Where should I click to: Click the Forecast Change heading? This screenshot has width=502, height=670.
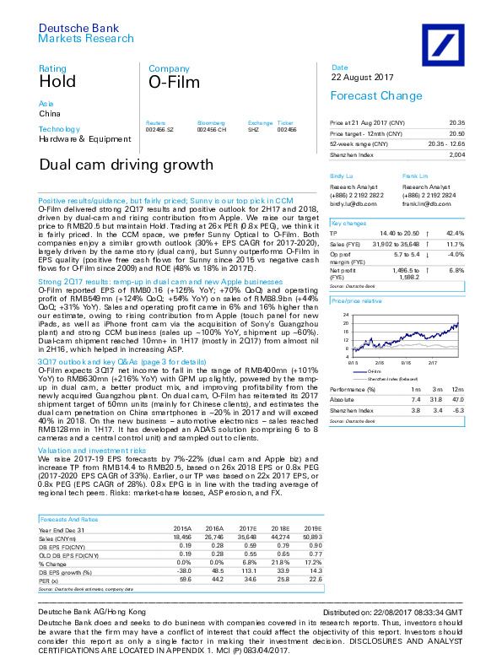point(364,96)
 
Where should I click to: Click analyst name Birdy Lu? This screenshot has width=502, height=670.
point(342,176)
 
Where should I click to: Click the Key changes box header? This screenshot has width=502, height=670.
point(349,224)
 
